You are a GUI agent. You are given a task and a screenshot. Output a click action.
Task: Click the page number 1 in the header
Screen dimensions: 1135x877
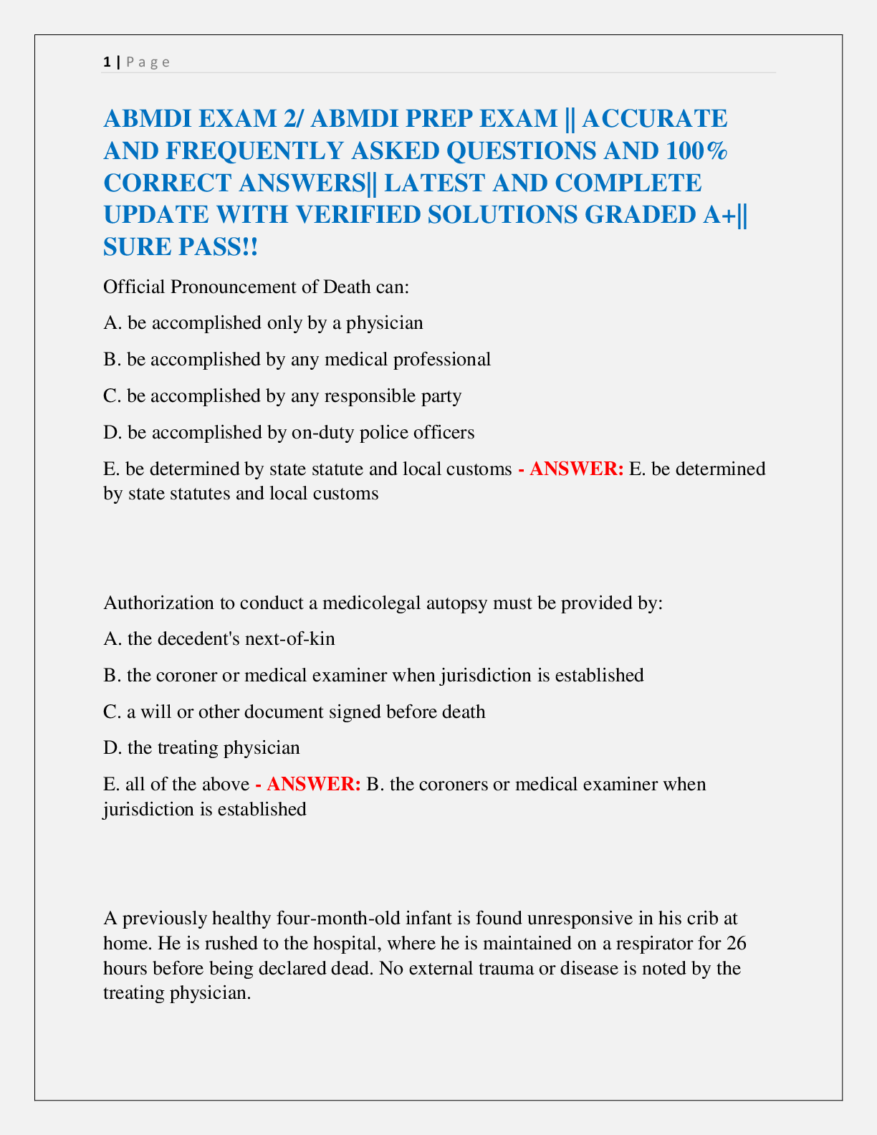[107, 62]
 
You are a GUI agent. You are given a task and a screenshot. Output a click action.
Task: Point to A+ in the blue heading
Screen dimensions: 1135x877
[719, 214]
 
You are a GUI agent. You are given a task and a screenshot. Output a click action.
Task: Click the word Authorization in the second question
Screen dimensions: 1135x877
[159, 603]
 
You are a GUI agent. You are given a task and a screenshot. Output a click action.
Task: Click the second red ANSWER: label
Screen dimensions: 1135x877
[313, 784]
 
